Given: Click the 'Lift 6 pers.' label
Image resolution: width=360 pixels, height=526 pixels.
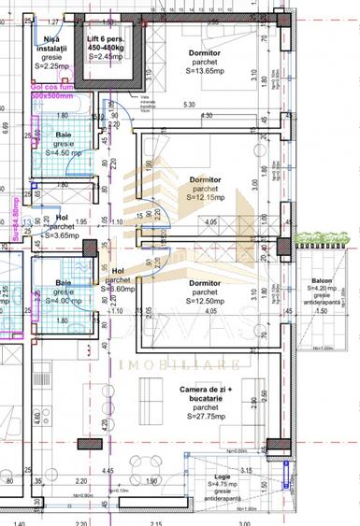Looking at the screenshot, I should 105,38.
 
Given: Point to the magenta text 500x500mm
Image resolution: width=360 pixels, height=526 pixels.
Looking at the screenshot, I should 53,95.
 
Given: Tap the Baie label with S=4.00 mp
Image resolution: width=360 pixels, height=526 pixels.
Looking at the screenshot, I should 62,300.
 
